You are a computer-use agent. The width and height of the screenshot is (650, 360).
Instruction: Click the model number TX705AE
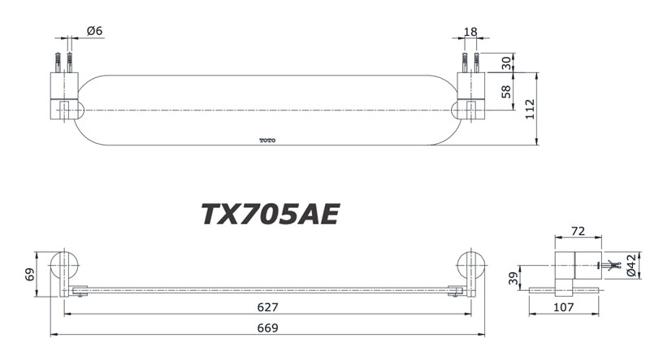(270, 214)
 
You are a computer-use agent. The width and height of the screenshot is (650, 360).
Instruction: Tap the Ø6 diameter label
(94, 31)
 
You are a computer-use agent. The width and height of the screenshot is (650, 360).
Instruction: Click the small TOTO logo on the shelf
(267, 141)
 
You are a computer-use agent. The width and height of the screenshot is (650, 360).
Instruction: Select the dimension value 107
(564, 308)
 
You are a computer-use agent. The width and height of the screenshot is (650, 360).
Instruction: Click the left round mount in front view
(63, 266)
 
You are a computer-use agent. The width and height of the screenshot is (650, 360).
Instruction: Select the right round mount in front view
(470, 266)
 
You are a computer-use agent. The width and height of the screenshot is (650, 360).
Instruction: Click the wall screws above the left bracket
(63, 61)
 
